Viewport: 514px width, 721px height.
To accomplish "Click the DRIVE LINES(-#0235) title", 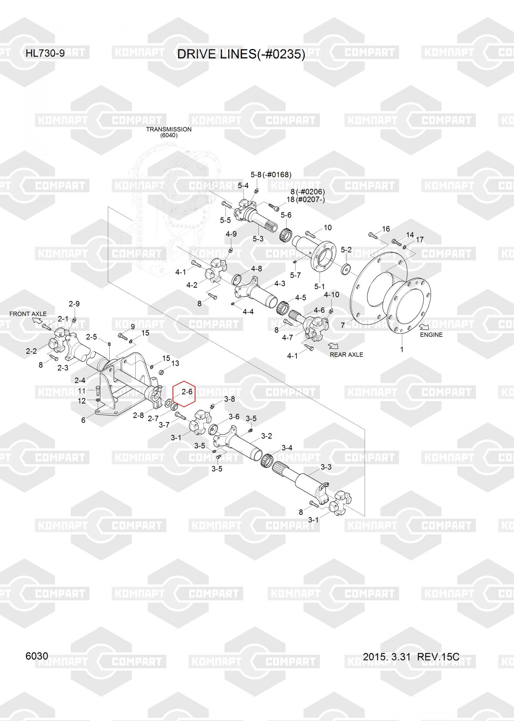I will click(241, 54).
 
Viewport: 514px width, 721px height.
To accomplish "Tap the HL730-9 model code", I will click(45, 53).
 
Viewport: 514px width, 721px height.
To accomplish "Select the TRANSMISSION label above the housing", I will click(168, 129).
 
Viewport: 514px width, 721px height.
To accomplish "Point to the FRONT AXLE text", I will click(28, 314).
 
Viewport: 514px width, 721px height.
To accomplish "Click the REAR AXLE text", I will click(346, 355).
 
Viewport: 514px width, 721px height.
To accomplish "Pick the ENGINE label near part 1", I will click(431, 335).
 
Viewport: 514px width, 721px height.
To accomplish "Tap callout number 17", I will click(419, 240).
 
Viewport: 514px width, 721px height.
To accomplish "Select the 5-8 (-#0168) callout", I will click(271, 175).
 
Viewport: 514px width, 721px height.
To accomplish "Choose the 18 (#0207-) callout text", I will click(310, 199).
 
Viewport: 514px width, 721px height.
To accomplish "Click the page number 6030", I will click(37, 656).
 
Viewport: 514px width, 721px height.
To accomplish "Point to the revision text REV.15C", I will click(438, 657).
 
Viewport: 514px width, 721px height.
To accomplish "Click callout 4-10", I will click(331, 295).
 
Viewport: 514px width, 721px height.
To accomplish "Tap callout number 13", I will click(175, 363).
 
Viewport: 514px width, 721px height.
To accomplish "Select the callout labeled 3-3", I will click(326, 467).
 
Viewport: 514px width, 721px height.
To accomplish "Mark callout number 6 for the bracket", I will click(83, 420).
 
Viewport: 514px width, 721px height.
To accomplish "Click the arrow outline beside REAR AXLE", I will click(333, 345).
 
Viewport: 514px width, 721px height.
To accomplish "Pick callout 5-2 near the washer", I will click(346, 250).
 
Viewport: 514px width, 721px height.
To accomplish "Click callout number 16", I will click(386, 229).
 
